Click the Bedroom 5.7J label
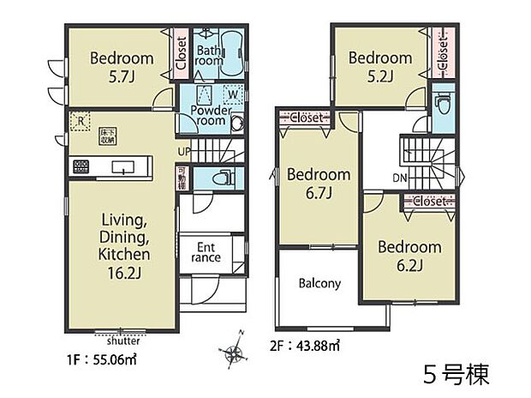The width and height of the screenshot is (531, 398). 122,67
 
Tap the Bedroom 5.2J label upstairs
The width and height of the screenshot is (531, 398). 379,66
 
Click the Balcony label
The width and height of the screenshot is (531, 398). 319,283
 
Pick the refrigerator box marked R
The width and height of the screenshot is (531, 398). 80,121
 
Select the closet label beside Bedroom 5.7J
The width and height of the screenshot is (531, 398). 182,53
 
